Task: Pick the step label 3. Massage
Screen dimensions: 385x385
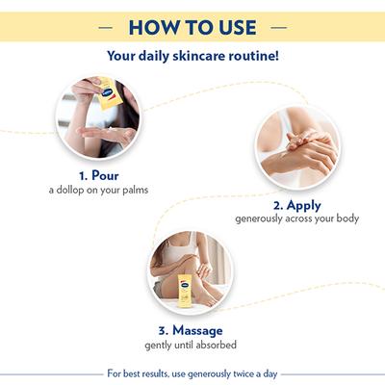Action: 190,329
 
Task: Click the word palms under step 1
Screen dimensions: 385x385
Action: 132,192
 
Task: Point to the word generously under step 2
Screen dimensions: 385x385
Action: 262,219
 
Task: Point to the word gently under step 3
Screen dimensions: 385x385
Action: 160,344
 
